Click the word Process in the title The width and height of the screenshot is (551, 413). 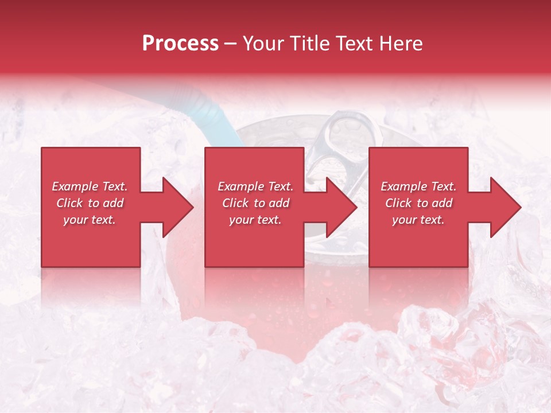(x=180, y=44)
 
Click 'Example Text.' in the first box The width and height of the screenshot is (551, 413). (x=90, y=186)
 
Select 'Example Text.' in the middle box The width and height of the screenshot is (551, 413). (x=255, y=186)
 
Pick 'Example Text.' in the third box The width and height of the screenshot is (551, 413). (x=418, y=186)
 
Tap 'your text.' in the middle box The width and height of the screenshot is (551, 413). (x=255, y=220)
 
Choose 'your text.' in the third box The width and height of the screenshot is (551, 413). (x=418, y=220)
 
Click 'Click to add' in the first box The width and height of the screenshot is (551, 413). (x=90, y=203)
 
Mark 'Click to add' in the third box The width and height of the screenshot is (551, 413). (x=419, y=203)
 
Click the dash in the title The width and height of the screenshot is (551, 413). (x=231, y=44)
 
